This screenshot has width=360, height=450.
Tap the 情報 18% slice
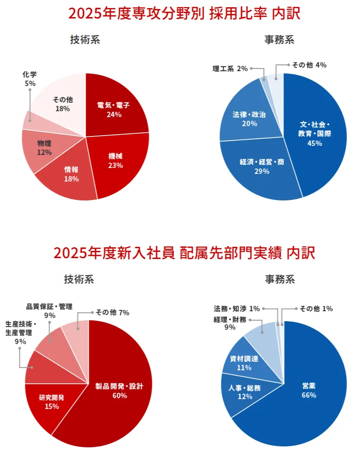[71, 174]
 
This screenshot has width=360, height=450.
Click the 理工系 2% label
[230, 68]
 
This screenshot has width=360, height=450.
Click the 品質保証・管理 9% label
[50, 311]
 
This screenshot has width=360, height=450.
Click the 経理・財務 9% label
[230, 323]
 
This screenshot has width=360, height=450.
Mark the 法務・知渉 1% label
[237, 309]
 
